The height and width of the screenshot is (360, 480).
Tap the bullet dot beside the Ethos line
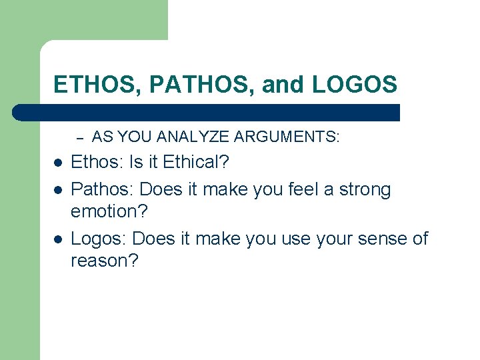point(57,163)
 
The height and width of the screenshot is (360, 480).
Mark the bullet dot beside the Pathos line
point(57,190)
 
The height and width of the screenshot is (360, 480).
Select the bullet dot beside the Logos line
point(57,239)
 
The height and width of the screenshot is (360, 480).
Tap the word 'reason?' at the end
point(105,261)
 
